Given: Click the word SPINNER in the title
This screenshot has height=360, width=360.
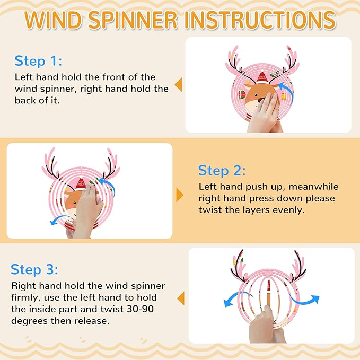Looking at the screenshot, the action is tap(133, 20).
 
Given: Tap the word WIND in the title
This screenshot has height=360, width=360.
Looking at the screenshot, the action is tap(53, 20).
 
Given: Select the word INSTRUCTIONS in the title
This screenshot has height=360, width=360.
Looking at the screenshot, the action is tap(260, 20).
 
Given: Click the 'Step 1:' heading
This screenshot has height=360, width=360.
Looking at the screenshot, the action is tap(38, 61).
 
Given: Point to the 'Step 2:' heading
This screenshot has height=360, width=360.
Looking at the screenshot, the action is tap(222, 171).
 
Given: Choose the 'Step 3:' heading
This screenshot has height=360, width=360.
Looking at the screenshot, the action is tap(34, 269).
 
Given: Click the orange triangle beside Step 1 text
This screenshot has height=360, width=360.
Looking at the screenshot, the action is tap(178, 85).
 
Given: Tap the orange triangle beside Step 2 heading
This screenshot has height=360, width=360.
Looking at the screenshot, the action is tap(180, 195).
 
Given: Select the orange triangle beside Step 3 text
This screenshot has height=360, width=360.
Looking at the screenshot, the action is tap(181, 298).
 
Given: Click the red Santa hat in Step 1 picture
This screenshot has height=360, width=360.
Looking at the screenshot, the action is tap(262, 77).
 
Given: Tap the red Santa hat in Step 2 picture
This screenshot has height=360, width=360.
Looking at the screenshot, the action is tap(81, 183).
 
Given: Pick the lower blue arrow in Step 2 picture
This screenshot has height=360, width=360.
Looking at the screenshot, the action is tap(59, 219).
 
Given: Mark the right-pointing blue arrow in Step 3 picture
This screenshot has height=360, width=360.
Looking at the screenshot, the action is tap(305, 299).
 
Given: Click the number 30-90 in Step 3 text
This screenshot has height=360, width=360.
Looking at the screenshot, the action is tap(140, 309).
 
